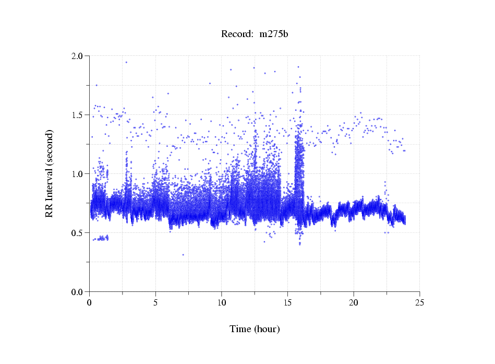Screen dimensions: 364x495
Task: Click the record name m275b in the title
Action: point(274,34)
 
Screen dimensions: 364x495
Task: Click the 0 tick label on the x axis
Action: point(90,302)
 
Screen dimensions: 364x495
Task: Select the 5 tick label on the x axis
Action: point(155,302)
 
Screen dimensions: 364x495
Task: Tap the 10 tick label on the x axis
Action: point(222,302)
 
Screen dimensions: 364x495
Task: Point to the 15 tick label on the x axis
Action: point(287,302)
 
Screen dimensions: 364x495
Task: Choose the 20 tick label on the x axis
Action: point(354,302)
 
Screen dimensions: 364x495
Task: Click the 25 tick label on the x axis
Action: point(419,302)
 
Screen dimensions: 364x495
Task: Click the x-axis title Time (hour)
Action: point(255,329)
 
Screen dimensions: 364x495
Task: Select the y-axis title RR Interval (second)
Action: point(50,173)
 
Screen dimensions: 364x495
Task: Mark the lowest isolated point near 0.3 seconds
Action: point(183,255)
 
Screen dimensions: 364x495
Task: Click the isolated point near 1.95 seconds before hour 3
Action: point(126,62)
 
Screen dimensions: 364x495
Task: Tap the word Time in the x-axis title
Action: point(240,329)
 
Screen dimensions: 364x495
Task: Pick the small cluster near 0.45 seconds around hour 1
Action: point(102,238)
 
